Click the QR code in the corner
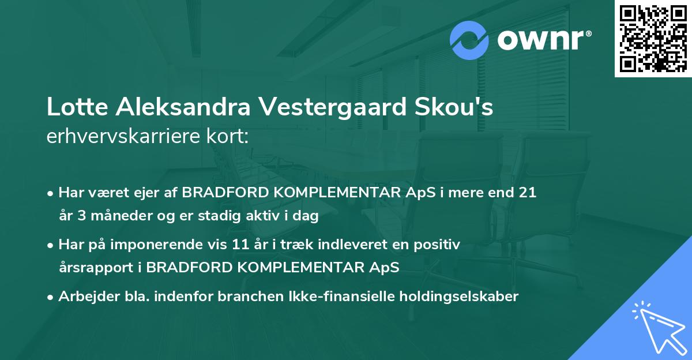[x=653, y=39]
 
